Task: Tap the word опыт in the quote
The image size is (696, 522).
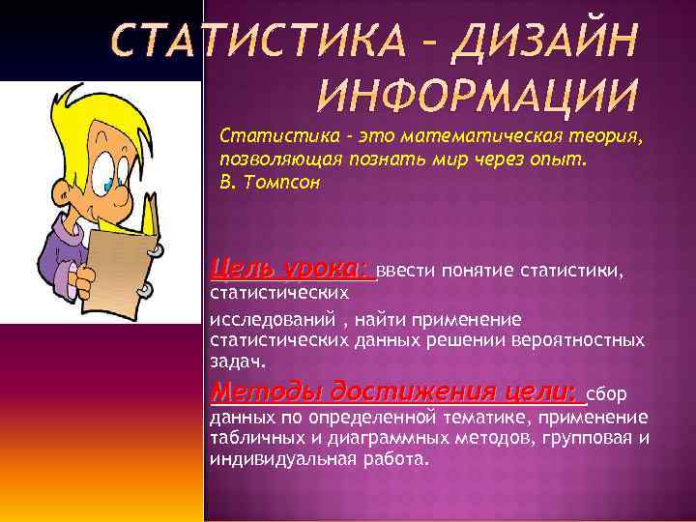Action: [x=558, y=159]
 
